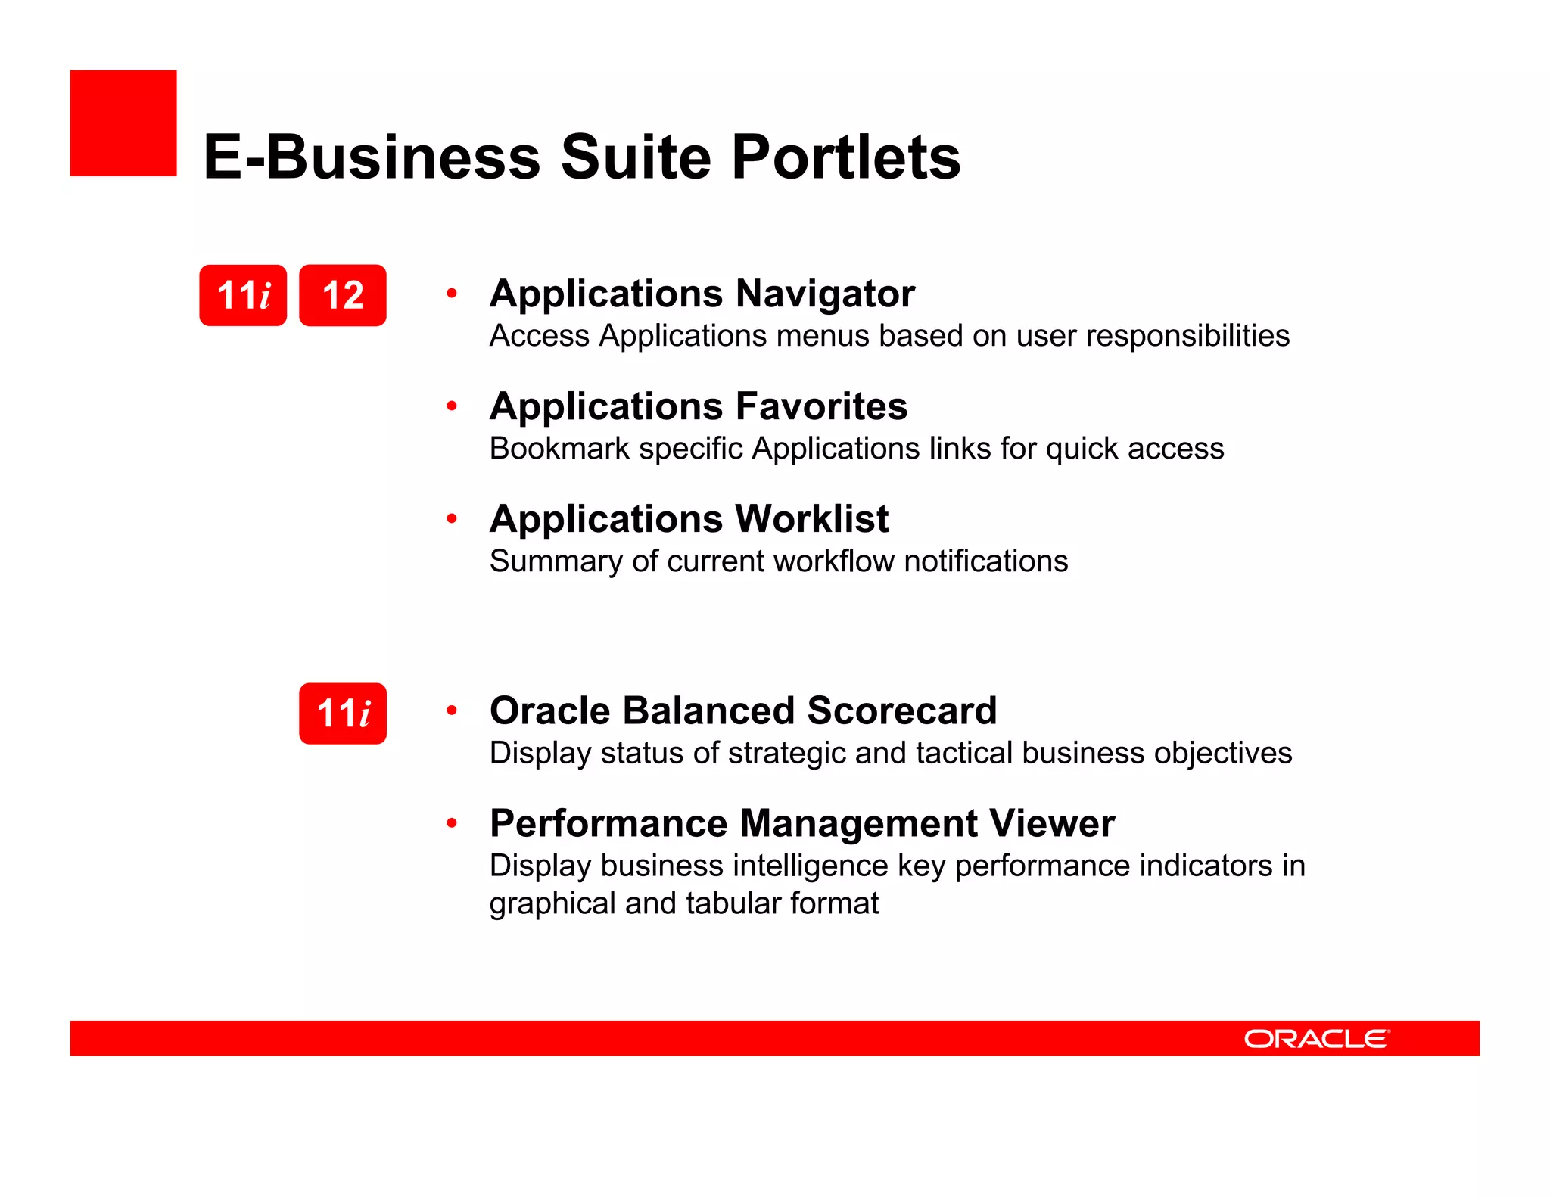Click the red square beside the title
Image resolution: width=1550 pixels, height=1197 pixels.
(123, 123)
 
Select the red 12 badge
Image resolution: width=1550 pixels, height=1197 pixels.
(342, 295)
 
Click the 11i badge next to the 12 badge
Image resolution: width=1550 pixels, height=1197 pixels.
(243, 295)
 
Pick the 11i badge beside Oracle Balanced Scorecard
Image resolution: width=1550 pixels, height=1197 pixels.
(342, 714)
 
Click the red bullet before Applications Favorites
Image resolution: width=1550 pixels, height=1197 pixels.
(452, 406)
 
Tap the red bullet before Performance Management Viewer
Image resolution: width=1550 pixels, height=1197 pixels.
(452, 823)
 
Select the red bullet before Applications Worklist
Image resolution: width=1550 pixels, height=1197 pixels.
(452, 519)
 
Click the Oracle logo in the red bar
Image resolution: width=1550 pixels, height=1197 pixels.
(1316, 1039)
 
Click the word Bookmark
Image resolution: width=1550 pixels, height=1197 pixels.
(559, 449)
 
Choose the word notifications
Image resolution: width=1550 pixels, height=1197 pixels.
(985, 561)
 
